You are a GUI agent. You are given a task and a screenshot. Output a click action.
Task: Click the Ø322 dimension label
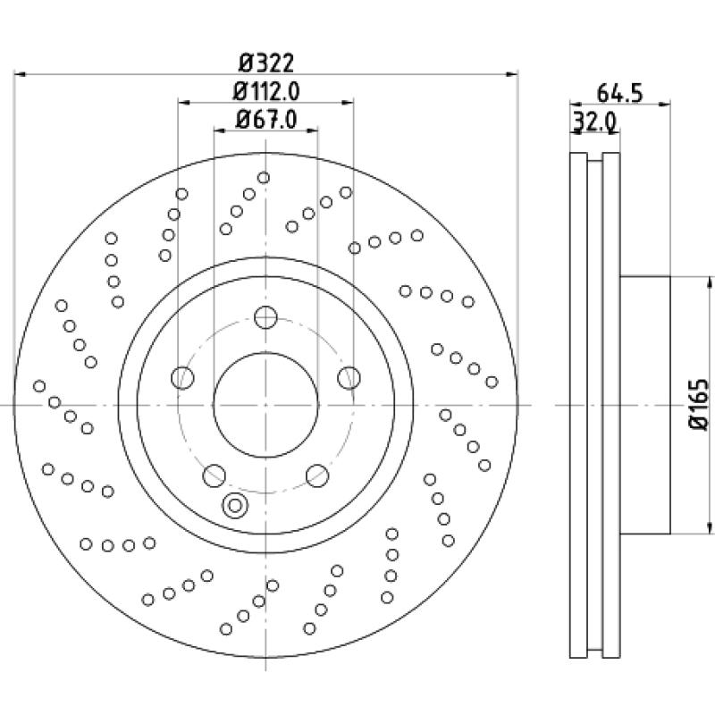pos(266,63)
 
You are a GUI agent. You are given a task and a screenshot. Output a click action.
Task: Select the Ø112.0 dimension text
pos(265,90)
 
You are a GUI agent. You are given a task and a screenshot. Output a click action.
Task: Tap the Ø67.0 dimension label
pos(265,118)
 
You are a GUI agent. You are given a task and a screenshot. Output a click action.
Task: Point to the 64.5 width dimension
pos(620,93)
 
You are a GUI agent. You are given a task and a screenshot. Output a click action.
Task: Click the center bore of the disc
pos(265,404)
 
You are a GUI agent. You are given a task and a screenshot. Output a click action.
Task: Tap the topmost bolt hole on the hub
pos(265,317)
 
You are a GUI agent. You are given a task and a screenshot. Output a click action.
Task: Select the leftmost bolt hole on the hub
pos(183,377)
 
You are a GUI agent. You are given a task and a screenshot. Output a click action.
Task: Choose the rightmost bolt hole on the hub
pos(348,377)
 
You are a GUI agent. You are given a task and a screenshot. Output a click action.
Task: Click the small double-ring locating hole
pos(235,505)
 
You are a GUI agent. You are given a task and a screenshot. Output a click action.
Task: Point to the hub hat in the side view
pos(644,405)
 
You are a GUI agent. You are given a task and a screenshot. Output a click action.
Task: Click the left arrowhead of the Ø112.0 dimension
pos(183,103)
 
